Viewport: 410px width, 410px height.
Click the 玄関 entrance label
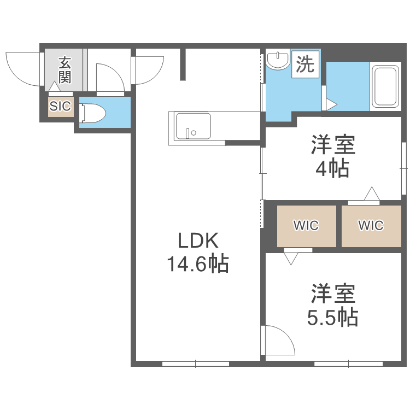(x=65, y=69)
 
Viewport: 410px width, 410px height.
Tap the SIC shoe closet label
(x=60, y=106)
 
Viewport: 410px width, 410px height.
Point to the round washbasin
(x=279, y=60)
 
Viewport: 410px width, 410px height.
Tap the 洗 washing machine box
(x=305, y=65)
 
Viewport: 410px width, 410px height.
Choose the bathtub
(x=385, y=87)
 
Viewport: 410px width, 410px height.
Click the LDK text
(x=197, y=241)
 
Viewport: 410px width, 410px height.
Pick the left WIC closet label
(x=306, y=225)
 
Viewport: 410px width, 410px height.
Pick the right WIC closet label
(x=371, y=225)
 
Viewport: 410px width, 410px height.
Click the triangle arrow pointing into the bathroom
(x=332, y=103)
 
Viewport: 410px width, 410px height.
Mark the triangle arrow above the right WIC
(x=372, y=194)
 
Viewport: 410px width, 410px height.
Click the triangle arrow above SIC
(x=54, y=87)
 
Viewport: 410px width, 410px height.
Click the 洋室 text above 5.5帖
(x=333, y=294)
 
